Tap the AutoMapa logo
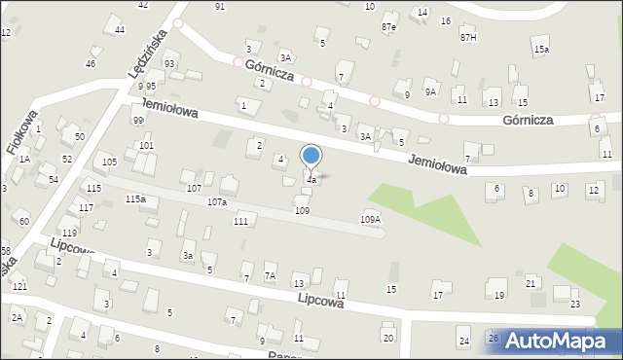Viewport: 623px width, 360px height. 562,342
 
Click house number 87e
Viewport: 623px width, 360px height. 389,27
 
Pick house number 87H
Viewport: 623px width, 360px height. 469,37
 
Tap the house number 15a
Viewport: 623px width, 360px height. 541,49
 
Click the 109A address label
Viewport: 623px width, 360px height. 370,220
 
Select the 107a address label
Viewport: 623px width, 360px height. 217,202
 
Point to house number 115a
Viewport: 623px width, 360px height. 135,199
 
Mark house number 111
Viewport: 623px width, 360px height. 240,222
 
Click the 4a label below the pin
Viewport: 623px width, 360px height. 311,180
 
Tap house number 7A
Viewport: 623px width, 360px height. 271,277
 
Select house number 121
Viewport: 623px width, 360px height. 19,287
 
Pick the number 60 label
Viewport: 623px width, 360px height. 23,224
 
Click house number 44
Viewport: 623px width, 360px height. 120,30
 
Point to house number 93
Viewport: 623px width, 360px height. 169,64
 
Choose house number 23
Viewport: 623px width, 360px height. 575,305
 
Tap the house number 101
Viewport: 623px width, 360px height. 146,146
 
